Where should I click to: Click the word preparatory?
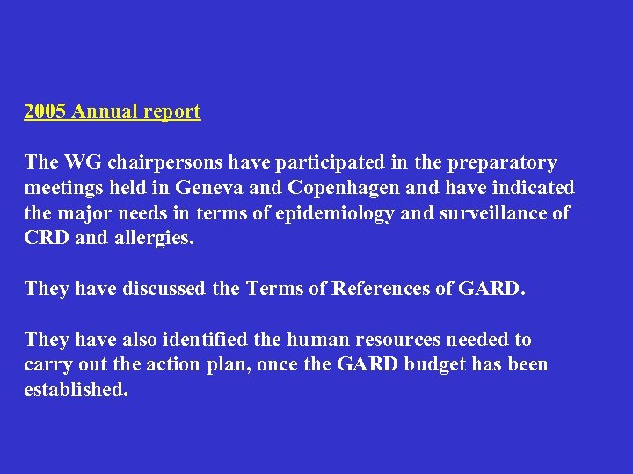point(502,163)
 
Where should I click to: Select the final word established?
point(76,390)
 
